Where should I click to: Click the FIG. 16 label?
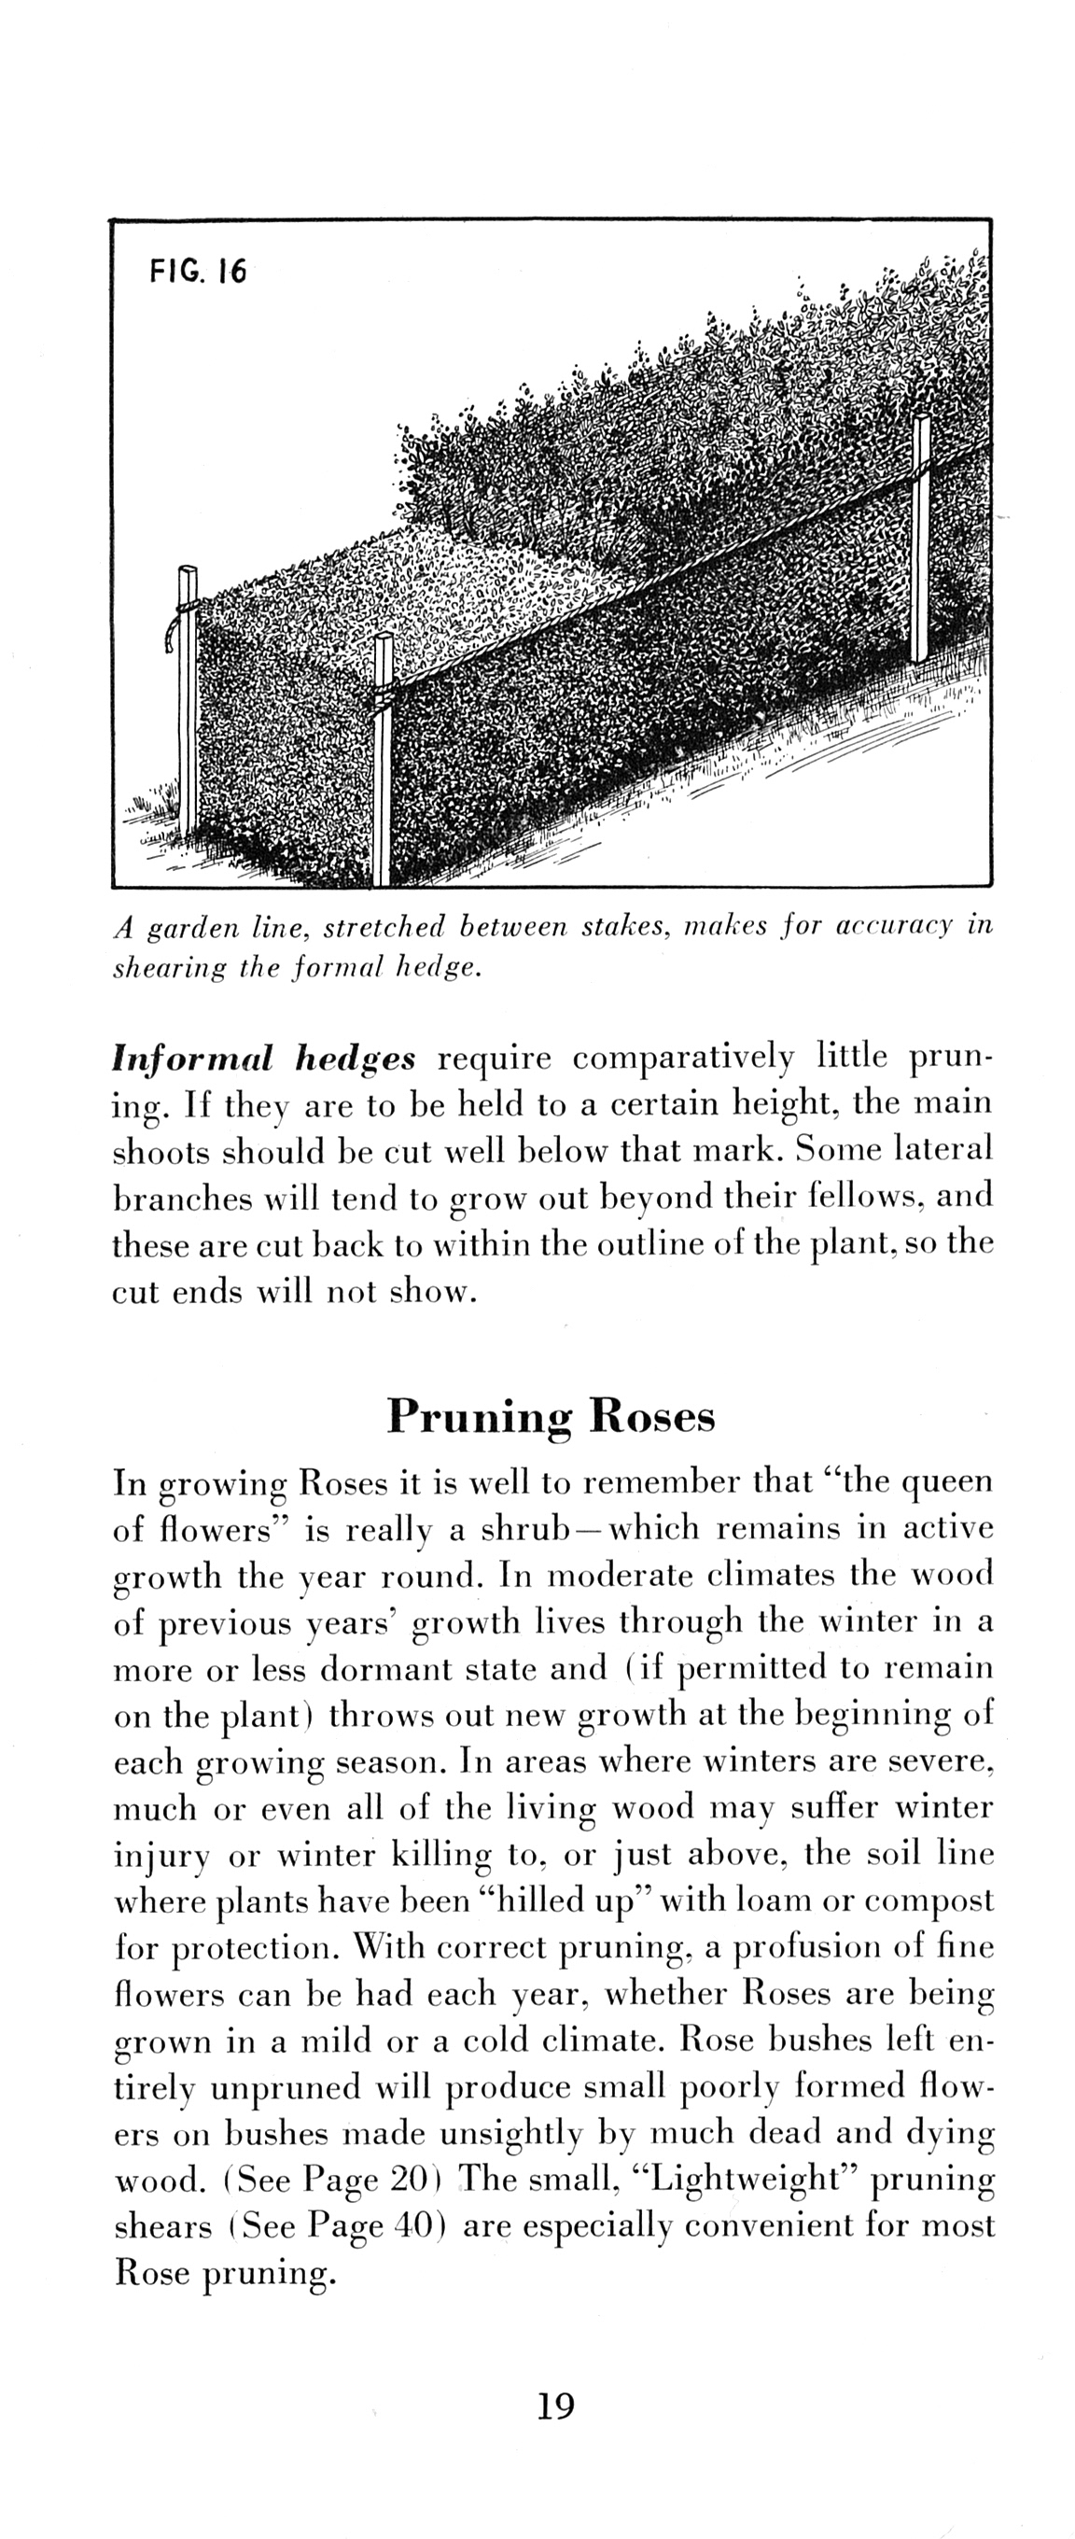click(198, 270)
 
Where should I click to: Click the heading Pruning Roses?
click(551, 1416)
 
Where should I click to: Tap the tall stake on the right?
click(920, 542)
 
